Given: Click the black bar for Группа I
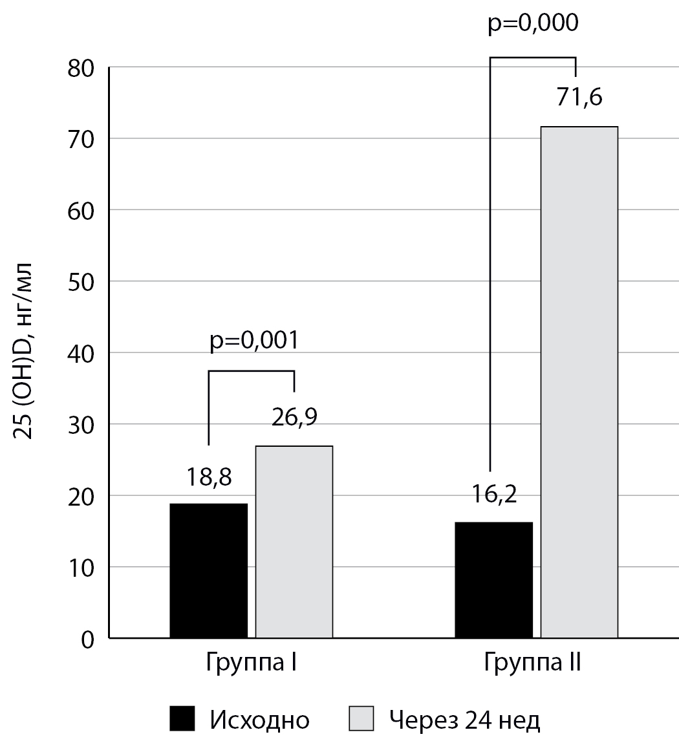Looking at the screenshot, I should [208, 570].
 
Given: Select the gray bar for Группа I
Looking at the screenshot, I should [294, 542].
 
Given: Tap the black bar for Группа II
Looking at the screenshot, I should [493, 580].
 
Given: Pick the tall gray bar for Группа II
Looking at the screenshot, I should [579, 382].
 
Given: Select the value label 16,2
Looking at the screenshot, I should [493, 498].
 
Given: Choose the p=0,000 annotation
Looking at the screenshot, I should [532, 23].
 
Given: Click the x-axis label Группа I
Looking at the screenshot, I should [251, 665].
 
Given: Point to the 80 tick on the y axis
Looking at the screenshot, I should [81, 68].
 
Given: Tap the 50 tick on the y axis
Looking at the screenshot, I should [81, 282].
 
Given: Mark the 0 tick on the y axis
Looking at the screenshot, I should [89, 639].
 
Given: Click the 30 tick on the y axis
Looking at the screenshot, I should [81, 425].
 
